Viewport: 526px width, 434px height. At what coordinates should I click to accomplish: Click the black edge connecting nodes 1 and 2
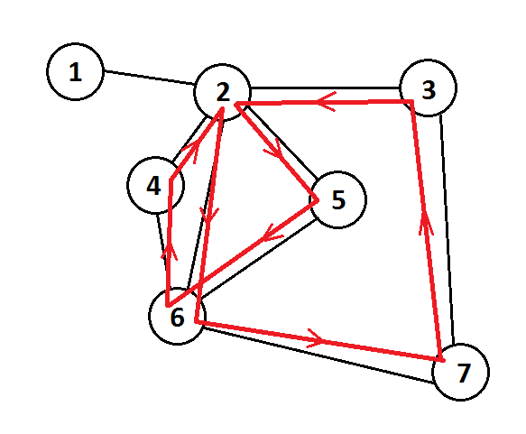[149, 77]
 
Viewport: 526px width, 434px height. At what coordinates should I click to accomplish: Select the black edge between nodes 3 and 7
[448, 230]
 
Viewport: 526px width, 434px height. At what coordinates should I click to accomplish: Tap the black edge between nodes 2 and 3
[325, 88]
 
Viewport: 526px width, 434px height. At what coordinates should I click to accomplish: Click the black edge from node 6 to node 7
[318, 355]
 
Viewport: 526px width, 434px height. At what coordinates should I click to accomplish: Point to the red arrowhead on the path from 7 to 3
[426, 224]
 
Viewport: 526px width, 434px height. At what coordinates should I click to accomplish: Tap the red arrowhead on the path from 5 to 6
[271, 233]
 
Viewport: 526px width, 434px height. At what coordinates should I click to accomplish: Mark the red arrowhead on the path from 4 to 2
[194, 151]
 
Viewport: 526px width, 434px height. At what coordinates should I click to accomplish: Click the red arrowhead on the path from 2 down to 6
[208, 215]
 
